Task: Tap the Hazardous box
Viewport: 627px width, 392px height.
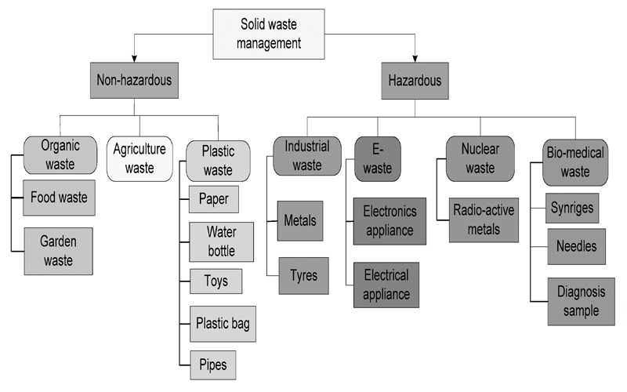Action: pyautogui.click(x=415, y=79)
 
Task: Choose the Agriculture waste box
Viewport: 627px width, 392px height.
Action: pyautogui.click(x=140, y=158)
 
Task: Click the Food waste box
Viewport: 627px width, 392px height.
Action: pyautogui.click(x=59, y=198)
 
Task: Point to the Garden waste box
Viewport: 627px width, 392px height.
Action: pyautogui.click(x=59, y=250)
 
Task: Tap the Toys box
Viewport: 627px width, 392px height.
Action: pyautogui.click(x=216, y=281)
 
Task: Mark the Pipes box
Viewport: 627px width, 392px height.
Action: pyautogui.click(x=213, y=364)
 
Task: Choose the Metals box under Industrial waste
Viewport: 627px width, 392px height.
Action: pyautogui.click(x=299, y=220)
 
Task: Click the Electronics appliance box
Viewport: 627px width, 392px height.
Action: pyautogui.click(x=390, y=221)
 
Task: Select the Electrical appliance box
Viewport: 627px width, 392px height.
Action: pyautogui.click(x=386, y=285)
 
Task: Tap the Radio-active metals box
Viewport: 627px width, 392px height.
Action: pyautogui.click(x=484, y=220)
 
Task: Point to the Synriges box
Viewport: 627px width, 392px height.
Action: pyautogui.click(x=572, y=208)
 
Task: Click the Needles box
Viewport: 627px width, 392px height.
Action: pyautogui.click(x=575, y=246)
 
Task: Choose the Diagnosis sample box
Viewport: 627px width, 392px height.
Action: pyautogui.click(x=581, y=300)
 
